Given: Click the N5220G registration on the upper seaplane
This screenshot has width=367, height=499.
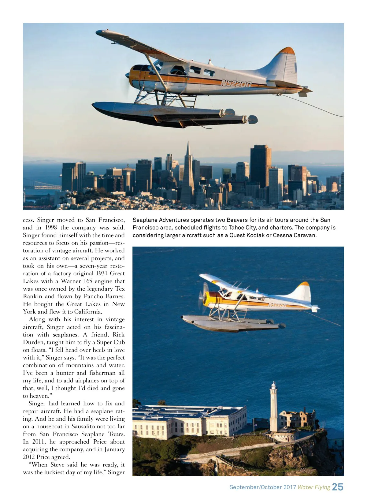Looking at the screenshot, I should (x=236, y=83).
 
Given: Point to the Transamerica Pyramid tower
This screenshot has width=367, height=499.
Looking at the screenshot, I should (x=188, y=174).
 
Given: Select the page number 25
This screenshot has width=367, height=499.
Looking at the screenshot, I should (x=337, y=487).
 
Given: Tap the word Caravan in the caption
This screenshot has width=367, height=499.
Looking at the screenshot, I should (x=304, y=235).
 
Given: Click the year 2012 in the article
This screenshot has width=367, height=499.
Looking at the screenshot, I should (x=29, y=457).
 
